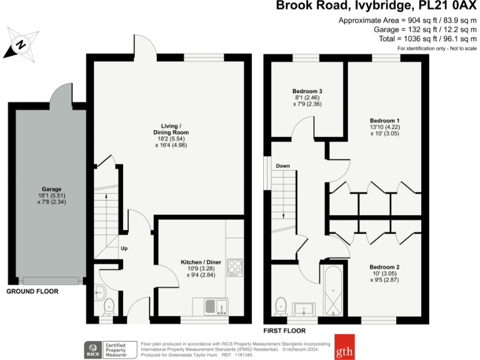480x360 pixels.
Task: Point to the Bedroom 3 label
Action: [307, 91]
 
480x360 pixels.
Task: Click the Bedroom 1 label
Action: [384, 121]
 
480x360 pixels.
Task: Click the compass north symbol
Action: [21, 44]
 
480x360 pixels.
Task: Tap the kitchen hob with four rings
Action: [236, 267]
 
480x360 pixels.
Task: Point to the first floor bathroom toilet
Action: [281, 306]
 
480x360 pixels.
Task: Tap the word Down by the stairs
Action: [282, 166]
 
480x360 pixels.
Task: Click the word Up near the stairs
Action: [124, 248]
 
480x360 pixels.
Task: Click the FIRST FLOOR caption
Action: [285, 330]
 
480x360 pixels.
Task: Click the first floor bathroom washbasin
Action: [306, 307]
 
